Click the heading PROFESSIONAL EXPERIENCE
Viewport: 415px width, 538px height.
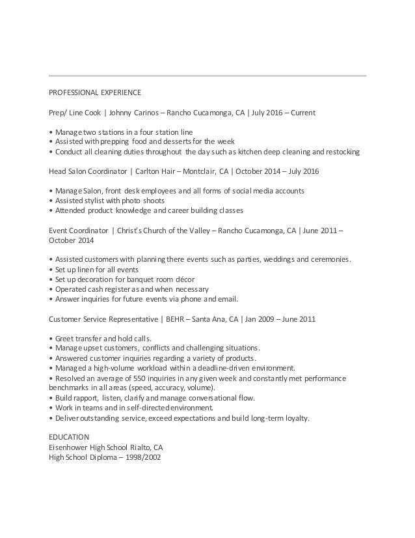[x=95, y=92]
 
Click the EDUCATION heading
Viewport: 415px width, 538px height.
[x=70, y=436]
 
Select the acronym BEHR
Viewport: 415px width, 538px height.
[x=174, y=320]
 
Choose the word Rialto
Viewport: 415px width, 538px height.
[x=146, y=446]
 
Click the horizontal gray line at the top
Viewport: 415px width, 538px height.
[x=207, y=76]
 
